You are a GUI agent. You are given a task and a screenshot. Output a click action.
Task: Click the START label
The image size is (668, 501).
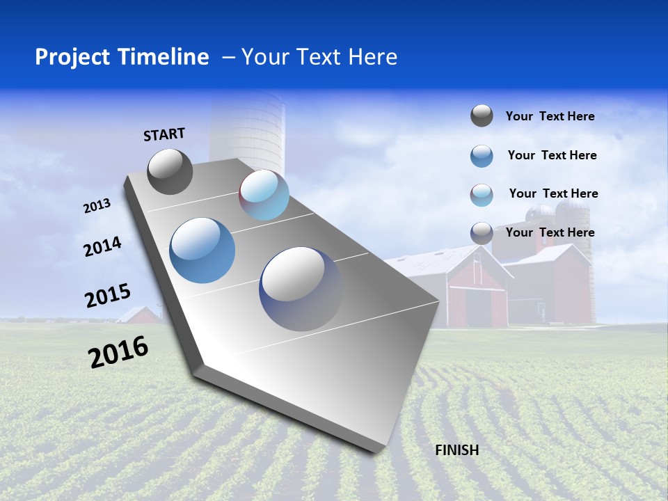[x=164, y=134]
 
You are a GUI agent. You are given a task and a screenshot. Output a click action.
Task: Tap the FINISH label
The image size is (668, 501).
[x=456, y=450]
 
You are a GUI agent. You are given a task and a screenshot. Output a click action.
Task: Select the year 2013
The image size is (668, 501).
[x=97, y=206]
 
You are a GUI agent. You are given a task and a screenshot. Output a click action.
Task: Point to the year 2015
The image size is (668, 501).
[x=108, y=296]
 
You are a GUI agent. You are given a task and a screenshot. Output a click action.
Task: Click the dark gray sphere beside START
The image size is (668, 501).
[x=170, y=171]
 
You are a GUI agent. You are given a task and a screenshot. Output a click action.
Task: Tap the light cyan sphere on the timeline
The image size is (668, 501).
[x=264, y=195]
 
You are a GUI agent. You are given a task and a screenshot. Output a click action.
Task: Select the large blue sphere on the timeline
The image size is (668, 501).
[x=202, y=250]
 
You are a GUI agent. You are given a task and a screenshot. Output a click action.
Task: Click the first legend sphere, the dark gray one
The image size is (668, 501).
[x=482, y=116]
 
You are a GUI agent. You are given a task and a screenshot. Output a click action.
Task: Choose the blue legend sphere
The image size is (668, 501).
[x=482, y=156]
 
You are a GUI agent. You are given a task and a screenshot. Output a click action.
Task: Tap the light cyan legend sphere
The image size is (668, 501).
[x=482, y=195]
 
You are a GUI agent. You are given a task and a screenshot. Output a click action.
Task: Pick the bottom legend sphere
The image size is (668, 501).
[x=482, y=233]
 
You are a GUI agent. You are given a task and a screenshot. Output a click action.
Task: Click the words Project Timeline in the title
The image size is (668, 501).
[x=122, y=57]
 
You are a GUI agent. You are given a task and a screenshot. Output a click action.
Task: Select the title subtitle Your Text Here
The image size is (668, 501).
[x=319, y=57]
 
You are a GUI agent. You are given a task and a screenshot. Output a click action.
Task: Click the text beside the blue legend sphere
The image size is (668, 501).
[x=552, y=155]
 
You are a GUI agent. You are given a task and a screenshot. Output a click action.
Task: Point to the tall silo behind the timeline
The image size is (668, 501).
[x=248, y=129]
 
